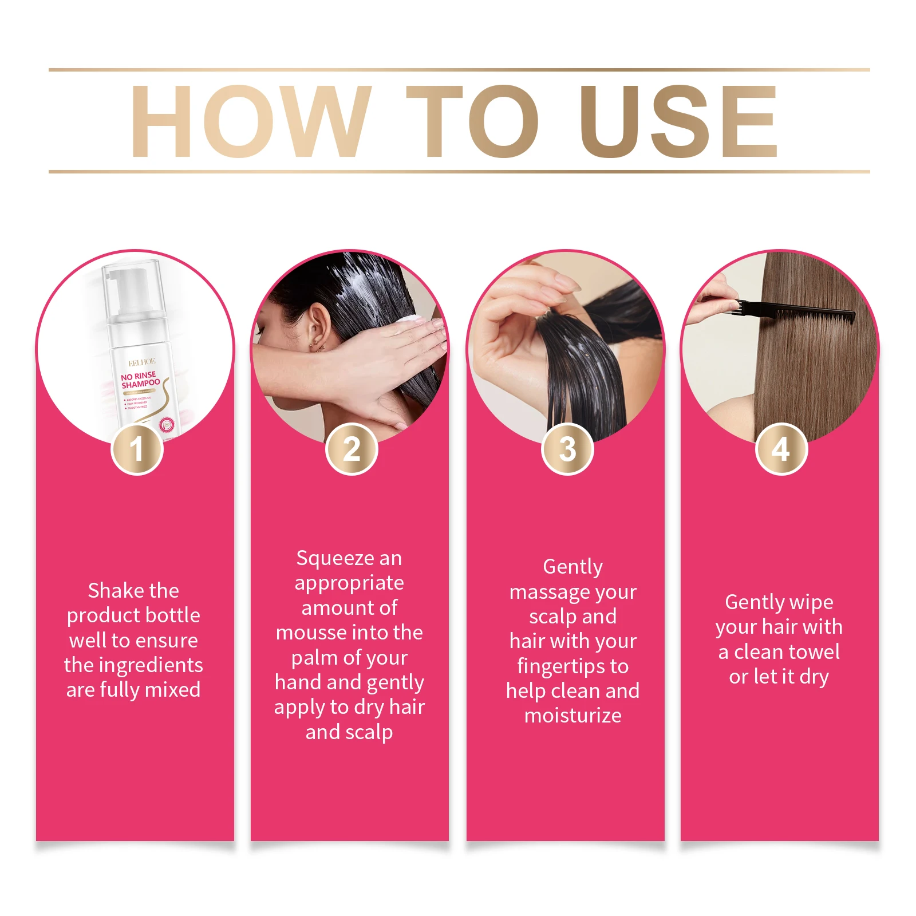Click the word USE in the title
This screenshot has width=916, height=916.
click(x=678, y=121)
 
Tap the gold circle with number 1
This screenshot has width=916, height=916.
click(x=137, y=449)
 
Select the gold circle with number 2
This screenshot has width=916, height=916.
click(x=352, y=449)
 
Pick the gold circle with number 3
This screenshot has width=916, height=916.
click(x=567, y=449)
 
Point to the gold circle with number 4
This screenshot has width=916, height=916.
click(x=781, y=449)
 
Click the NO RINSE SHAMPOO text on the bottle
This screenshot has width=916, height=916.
click(x=140, y=380)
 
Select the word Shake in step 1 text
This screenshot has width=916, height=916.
click(x=113, y=590)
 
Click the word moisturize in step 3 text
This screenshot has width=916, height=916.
click(x=572, y=716)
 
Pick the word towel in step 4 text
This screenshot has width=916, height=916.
click(x=813, y=652)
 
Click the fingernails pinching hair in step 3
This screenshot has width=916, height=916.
click(x=564, y=283)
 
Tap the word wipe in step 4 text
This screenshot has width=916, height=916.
click(x=811, y=602)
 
